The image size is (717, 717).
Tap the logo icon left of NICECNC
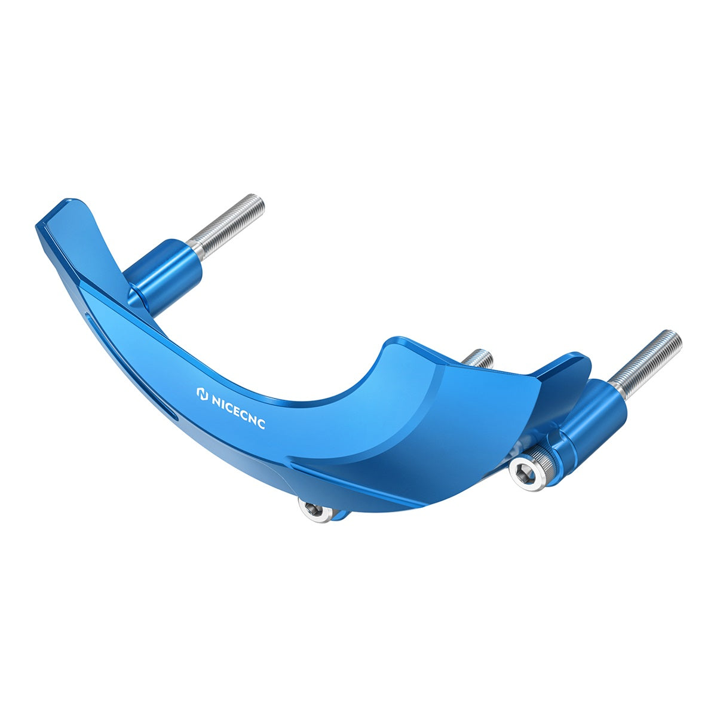[x=202, y=395]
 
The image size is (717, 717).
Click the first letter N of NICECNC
[x=216, y=400]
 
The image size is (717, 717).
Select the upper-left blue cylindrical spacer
[x=163, y=277]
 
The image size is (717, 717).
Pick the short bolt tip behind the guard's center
[x=479, y=358]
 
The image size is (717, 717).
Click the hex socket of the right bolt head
[x=526, y=475]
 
